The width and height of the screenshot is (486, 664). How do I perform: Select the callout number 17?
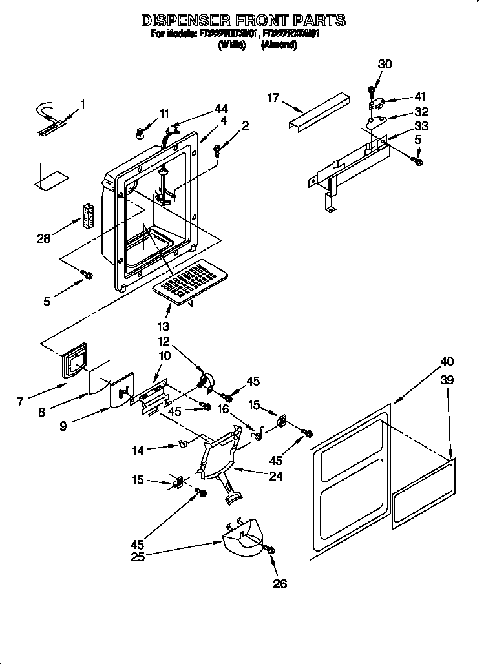(x=273, y=98)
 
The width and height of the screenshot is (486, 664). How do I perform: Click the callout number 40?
(x=447, y=361)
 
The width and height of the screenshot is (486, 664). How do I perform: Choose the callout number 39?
(x=447, y=380)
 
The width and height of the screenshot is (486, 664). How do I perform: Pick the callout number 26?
(x=279, y=584)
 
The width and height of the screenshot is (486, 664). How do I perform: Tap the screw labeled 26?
(x=270, y=549)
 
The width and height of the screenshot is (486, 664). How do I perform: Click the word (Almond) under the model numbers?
(x=279, y=46)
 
